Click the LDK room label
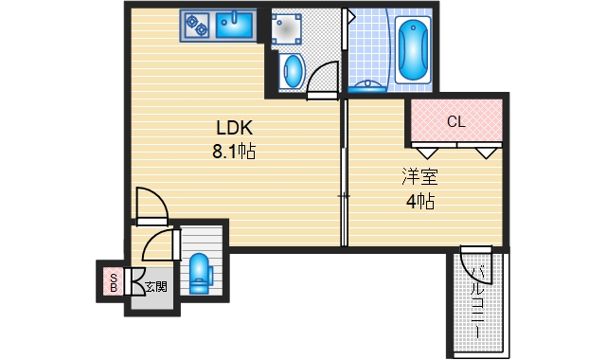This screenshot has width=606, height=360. [x=235, y=128]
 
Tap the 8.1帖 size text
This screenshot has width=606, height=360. [x=234, y=152]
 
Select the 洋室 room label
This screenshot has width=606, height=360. [x=419, y=176]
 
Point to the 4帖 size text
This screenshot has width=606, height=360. [x=420, y=202]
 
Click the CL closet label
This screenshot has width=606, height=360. [x=456, y=122]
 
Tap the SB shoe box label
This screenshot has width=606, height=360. [x=114, y=282]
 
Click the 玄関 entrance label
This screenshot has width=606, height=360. [x=156, y=287]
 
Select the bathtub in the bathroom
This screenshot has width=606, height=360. [x=413, y=49]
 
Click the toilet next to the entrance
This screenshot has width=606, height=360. [x=200, y=274]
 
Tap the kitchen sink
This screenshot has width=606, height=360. [x=234, y=26]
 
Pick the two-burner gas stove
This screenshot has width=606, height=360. [x=196, y=26]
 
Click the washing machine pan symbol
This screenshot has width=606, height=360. [x=286, y=29]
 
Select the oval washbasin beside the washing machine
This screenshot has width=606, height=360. [x=292, y=72]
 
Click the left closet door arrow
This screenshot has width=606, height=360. [x=427, y=153]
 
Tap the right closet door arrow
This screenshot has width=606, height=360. [x=486, y=153]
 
